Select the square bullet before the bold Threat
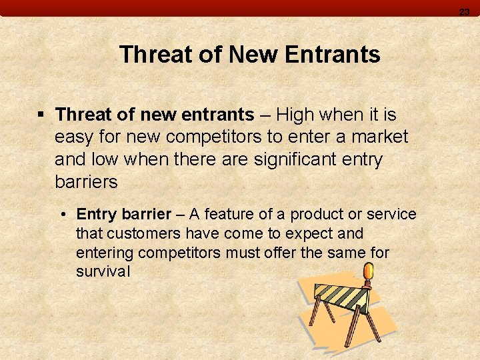(x=41, y=115)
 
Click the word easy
(x=75, y=137)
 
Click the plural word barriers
(x=86, y=182)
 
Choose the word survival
(x=103, y=272)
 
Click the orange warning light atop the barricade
(x=367, y=272)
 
